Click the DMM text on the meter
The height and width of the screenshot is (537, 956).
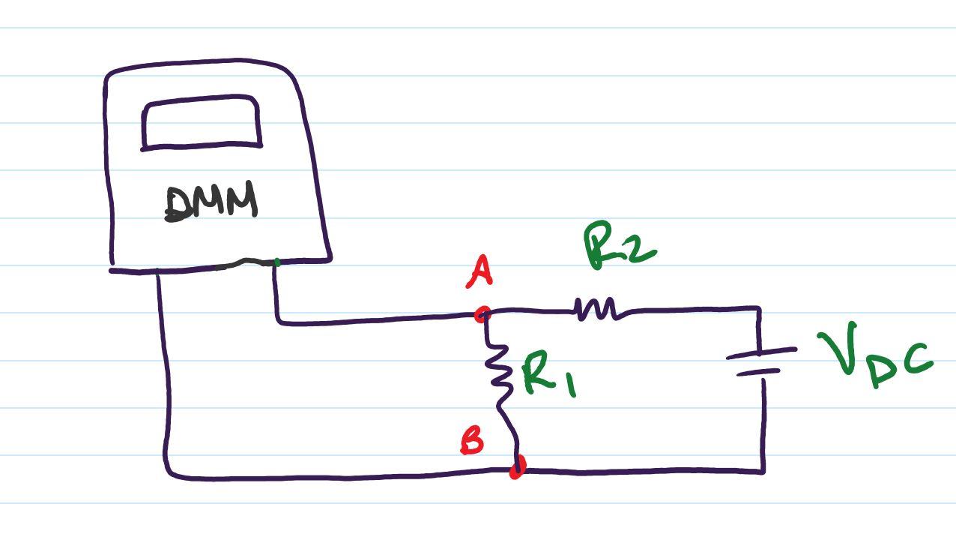pos(211,203)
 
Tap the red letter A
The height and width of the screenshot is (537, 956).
pos(479,271)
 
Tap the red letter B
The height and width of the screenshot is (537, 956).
pos(472,440)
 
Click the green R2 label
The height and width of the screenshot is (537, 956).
pos(619,245)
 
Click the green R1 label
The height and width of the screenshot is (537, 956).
pos(548,375)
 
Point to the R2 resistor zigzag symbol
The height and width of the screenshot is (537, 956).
pos(597,308)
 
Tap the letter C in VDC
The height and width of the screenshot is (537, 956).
pos(918,360)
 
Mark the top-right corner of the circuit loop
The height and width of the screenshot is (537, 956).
pos(759,308)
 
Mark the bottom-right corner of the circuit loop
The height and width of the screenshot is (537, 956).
pos(763,471)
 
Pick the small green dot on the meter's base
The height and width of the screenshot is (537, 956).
pos(277,262)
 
